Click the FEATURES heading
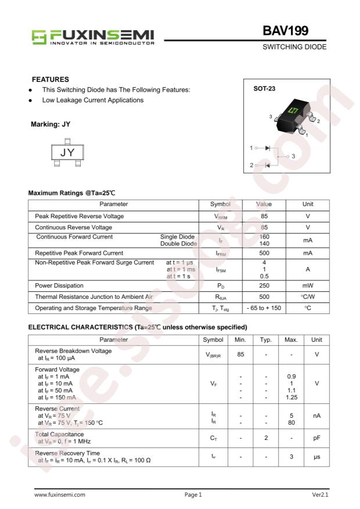point(51,79)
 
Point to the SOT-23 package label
point(265,89)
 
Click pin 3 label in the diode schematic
point(294,156)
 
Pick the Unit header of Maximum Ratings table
point(308,204)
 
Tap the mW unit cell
point(308,286)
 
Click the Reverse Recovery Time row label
point(67,453)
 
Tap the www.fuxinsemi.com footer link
point(60,495)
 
